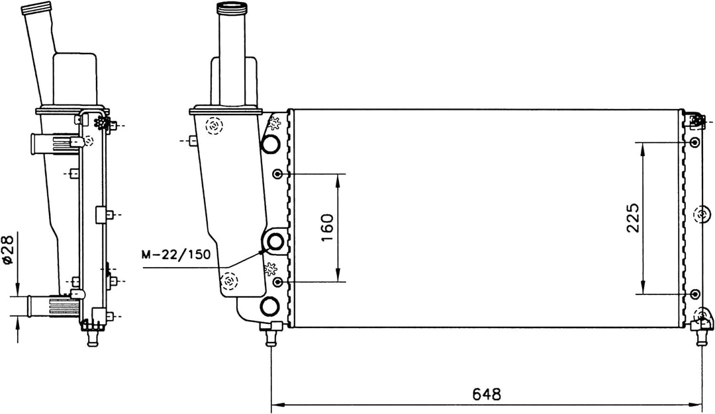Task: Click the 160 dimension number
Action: pyautogui.click(x=326, y=228)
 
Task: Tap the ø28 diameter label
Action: pyautogui.click(x=9, y=252)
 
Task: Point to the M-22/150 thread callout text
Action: pyautogui.click(x=176, y=253)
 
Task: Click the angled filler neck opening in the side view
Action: pyautogui.click(x=36, y=10)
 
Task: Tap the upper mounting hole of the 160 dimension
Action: pyautogui.click(x=279, y=174)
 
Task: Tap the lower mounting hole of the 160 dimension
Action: pyautogui.click(x=279, y=282)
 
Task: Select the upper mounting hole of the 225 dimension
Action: pyautogui.click(x=694, y=144)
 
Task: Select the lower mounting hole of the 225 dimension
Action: pyautogui.click(x=694, y=293)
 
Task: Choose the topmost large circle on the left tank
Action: pyautogui.click(x=271, y=144)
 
